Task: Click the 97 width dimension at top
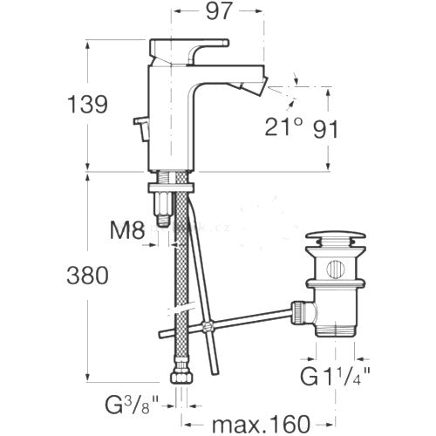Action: coord(220,11)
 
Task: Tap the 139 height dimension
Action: coord(87,105)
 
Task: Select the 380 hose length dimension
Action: coord(87,276)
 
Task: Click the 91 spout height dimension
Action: coord(325,129)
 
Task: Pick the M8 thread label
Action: coord(127,229)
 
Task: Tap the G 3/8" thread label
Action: coord(132,405)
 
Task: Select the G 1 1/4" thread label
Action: coord(335,376)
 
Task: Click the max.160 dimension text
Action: coord(261,424)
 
